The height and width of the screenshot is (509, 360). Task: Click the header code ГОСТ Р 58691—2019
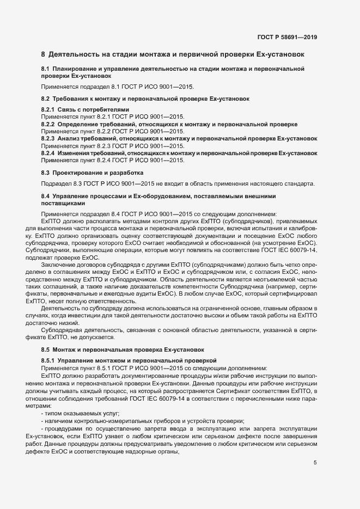287,37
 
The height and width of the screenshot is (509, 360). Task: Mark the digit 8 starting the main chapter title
44,54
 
